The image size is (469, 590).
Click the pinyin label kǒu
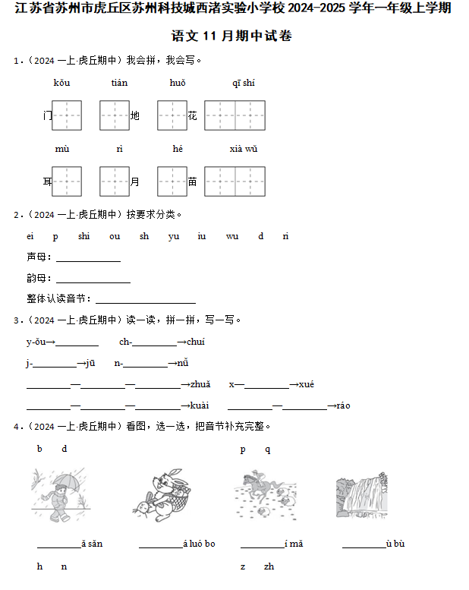61,83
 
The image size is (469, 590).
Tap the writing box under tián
115,115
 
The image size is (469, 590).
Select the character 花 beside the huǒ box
193,115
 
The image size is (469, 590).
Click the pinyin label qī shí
244,83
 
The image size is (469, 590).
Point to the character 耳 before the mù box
48,181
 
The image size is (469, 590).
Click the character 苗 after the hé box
193,181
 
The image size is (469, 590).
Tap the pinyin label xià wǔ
244,149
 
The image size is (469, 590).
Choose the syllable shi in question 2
83,236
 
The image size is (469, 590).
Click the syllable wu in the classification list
231,236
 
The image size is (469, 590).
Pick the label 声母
36,257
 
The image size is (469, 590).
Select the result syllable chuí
196,342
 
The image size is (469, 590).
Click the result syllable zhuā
200,385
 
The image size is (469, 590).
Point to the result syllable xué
306,385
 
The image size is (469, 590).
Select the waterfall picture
361,496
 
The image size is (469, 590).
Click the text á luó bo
199,544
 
